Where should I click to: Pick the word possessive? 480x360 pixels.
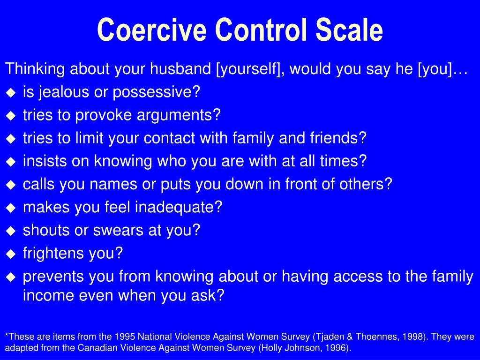click(x=156, y=92)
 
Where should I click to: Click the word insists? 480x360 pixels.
click(x=45, y=161)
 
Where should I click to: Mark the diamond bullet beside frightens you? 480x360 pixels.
click(x=11, y=254)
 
